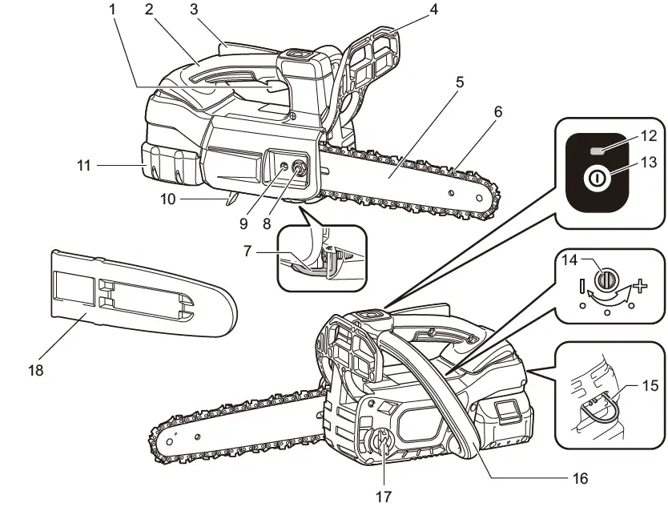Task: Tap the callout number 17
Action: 384,497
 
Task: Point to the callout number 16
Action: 579,479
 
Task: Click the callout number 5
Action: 459,82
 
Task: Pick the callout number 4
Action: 434,10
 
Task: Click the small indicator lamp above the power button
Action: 597,151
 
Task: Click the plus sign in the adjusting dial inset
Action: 638,285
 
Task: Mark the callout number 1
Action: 113,10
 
